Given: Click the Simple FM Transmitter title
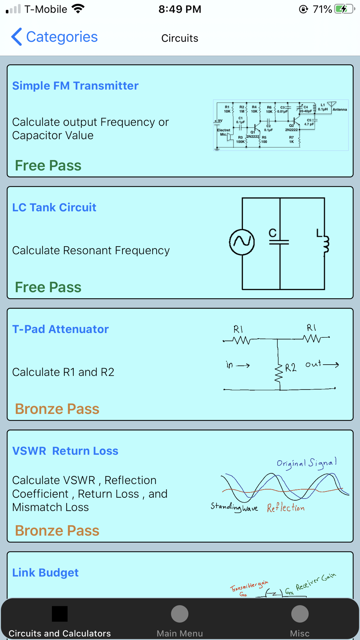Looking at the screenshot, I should click(75, 86).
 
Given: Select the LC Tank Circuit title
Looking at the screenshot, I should click(54, 207).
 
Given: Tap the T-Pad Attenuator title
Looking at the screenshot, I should click(60, 329).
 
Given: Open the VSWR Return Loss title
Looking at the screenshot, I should click(65, 451).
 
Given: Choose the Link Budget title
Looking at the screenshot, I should click(45, 572).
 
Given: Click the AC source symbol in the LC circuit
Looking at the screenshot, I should click(242, 242).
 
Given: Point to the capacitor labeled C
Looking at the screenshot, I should click(279, 240).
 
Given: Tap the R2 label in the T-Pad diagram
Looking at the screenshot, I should click(291, 368).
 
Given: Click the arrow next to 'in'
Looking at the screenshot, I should click(243, 366).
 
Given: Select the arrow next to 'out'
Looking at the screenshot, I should click(331, 365).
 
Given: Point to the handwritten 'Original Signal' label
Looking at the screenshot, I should click(307, 463).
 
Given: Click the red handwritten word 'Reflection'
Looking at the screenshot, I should click(285, 508).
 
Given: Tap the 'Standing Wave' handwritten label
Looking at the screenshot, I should click(234, 507).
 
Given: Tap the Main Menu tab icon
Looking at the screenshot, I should click(180, 614).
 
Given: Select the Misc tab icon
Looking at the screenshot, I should click(300, 614).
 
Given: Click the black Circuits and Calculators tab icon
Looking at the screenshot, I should click(60, 614).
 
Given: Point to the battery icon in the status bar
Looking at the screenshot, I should click(344, 9).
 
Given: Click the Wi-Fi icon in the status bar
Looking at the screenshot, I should click(78, 9).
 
